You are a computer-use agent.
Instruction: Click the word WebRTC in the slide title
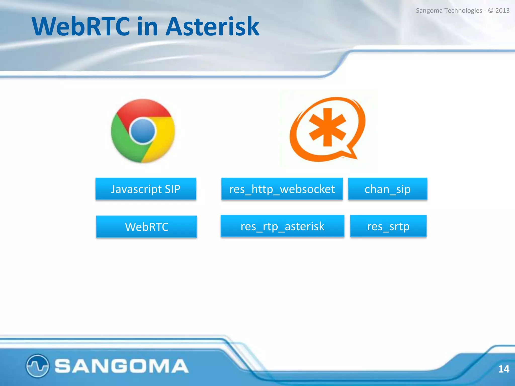coord(80,26)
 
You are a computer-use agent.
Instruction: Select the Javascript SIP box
coord(146,189)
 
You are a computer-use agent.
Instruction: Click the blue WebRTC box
coord(146,227)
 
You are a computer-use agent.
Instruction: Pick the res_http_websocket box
coord(282,189)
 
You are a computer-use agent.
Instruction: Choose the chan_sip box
coord(387,189)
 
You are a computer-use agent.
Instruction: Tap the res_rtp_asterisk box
coord(282,226)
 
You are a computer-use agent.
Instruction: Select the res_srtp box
coord(388,226)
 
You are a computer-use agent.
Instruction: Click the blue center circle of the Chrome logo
coord(143,131)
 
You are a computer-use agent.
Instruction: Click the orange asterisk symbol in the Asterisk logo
coord(327,127)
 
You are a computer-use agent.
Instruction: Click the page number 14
coord(503,369)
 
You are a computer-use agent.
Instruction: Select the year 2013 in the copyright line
coord(502,11)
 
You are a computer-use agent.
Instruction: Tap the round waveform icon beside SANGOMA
coord(37,366)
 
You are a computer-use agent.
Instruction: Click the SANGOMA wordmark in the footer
coord(121,366)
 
